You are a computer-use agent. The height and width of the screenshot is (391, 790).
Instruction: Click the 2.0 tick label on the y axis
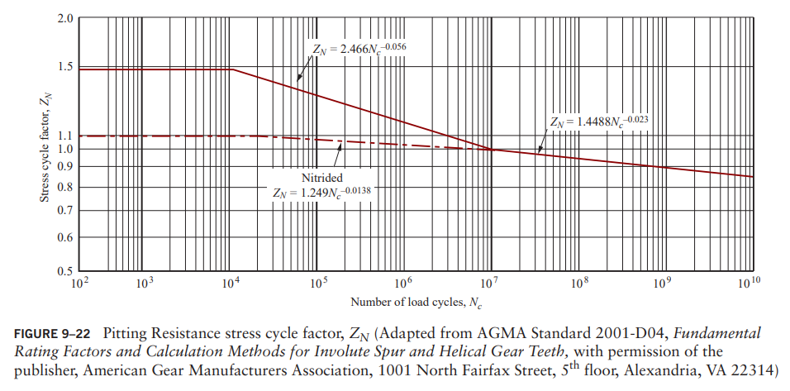pyautogui.click(x=64, y=17)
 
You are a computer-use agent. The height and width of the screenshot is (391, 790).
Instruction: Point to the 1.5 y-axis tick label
pyautogui.click(x=64, y=66)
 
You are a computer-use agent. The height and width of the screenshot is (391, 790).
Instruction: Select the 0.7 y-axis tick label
pyautogui.click(x=64, y=211)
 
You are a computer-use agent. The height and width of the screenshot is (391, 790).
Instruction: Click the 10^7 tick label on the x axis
pyautogui.click(x=489, y=283)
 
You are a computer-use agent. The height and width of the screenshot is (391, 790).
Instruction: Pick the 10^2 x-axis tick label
pyautogui.click(x=80, y=283)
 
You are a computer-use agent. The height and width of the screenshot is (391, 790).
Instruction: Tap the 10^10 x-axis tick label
pyautogui.click(x=749, y=283)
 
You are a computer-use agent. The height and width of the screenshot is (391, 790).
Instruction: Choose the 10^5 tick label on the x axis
pyautogui.click(x=317, y=283)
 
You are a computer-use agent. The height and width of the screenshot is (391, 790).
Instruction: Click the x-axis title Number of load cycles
pyautogui.click(x=416, y=303)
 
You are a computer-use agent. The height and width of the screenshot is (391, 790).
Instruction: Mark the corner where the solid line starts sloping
pyautogui.click(x=233, y=69)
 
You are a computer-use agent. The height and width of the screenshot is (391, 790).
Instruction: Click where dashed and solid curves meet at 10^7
pyautogui.click(x=491, y=150)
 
